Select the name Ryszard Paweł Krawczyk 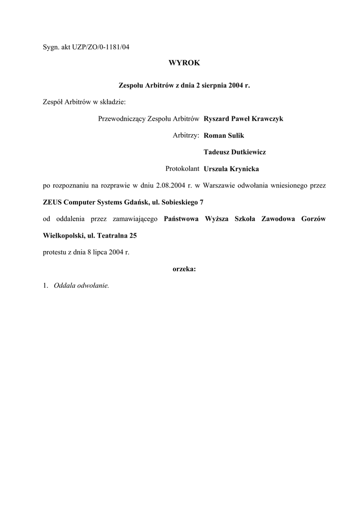pos(243,119)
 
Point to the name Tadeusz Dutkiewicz pos(235,152)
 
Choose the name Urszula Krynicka pos(231,169)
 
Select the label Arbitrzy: pos(185,135)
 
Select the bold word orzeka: pos(184,269)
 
